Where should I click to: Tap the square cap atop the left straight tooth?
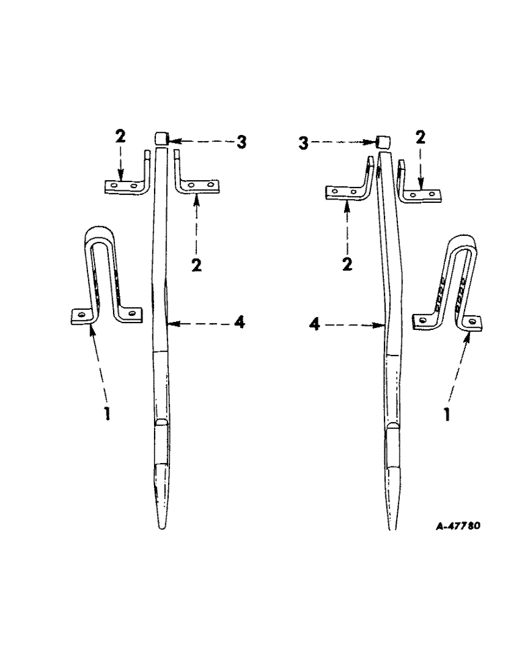pos(161,139)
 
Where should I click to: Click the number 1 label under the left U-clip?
pos(105,411)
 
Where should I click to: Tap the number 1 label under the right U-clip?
pos(447,412)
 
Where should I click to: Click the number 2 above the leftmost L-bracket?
pos(119,136)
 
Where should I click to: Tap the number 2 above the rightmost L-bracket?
pos(422,139)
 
